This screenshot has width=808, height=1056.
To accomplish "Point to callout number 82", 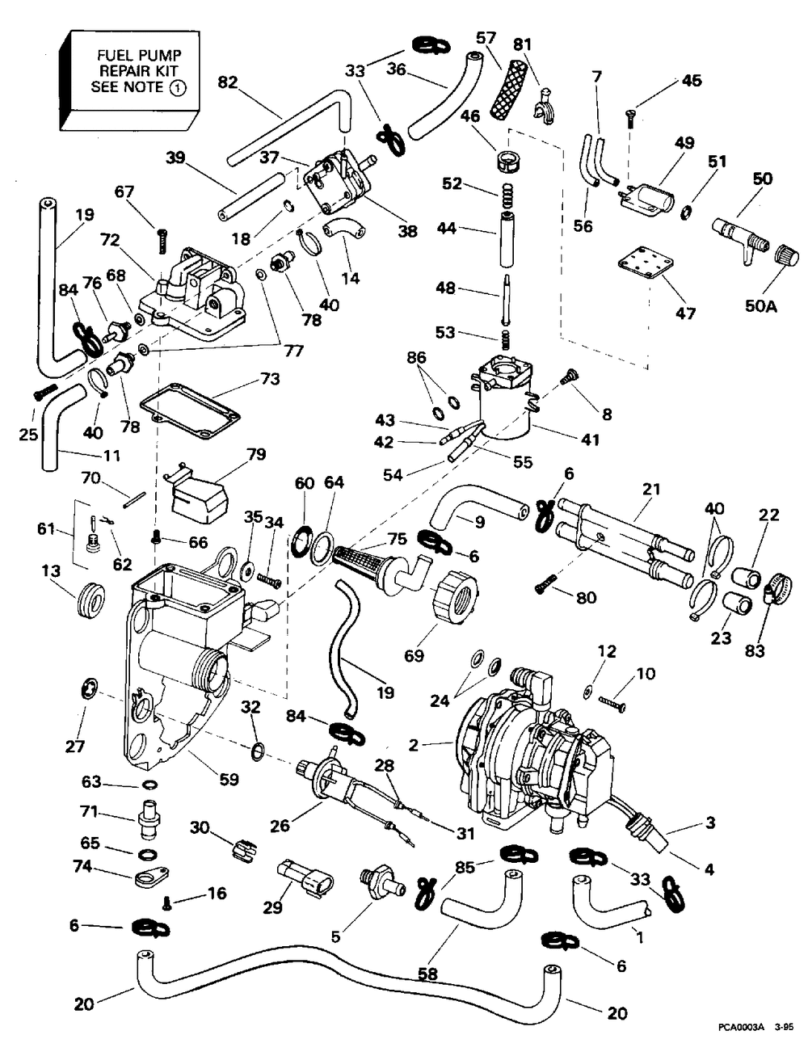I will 229,82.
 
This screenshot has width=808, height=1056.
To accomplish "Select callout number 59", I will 229,780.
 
